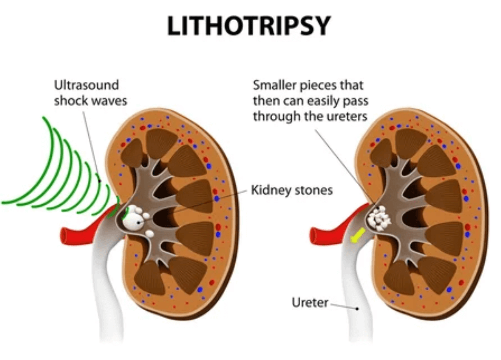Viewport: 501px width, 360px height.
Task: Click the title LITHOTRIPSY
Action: pos(249,26)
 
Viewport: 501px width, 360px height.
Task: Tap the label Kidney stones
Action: pos(292,191)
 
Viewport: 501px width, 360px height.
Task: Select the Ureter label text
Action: pos(310,303)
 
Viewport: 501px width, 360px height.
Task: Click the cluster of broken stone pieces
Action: pos(380,217)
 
